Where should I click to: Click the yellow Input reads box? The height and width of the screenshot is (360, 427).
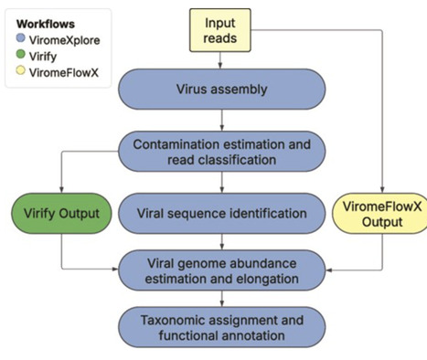pos(219,30)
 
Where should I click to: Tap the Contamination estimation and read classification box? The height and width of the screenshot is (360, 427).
pos(219,153)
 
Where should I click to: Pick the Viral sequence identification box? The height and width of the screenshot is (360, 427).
pos(219,213)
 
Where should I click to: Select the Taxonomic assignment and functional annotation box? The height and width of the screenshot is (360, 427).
pos(219,328)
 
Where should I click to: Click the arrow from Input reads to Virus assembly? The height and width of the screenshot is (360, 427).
pos(219,60)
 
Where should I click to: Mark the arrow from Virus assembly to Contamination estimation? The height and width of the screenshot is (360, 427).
pos(219,122)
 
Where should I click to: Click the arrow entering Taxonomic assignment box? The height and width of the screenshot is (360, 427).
pos(219,301)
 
